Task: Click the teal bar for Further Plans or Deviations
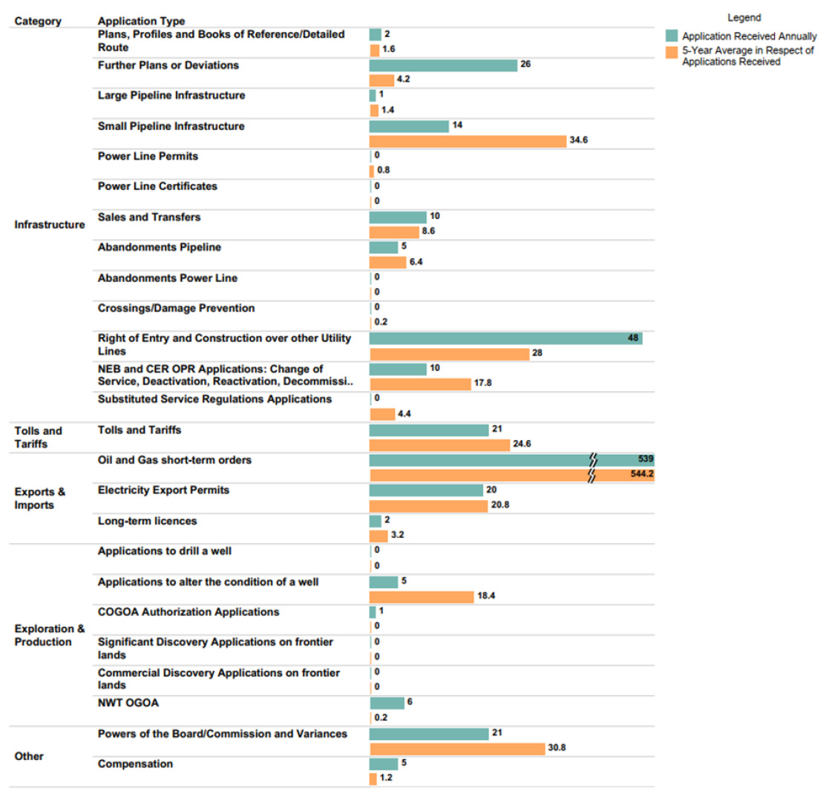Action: (443, 65)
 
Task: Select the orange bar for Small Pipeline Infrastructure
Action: (468, 141)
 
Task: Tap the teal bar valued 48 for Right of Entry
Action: (505, 338)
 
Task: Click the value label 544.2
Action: (642, 474)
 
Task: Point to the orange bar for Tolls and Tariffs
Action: (439, 445)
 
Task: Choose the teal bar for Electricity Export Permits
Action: (426, 491)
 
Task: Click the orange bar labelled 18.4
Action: (422, 597)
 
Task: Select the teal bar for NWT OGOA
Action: (387, 703)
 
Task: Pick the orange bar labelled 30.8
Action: (457, 749)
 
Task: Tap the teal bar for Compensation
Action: (384, 764)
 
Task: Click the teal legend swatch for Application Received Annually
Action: (672, 36)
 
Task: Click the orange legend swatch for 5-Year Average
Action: (672, 51)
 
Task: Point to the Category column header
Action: (38, 21)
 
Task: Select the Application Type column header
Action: (141, 21)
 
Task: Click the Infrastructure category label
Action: (50, 225)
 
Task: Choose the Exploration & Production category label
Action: (50, 635)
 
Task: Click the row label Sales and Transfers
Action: (149, 217)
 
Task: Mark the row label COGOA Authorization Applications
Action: (189, 612)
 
